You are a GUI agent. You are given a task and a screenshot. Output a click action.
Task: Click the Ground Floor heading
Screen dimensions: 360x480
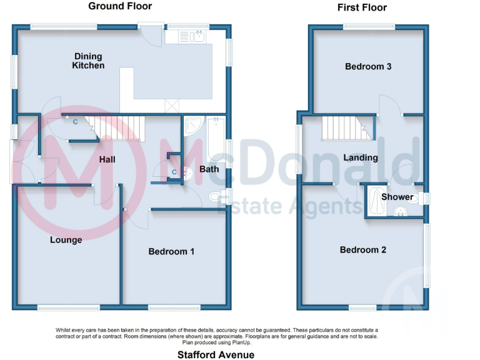[x=120, y=6]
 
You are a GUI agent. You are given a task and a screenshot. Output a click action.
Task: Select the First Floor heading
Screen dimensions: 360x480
[x=362, y=7]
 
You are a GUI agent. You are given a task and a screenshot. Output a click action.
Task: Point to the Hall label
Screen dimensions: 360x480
[x=107, y=159]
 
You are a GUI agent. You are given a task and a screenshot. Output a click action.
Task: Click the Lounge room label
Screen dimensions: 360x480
[x=66, y=239]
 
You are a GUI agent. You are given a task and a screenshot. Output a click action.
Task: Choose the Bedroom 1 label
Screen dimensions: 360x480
[x=171, y=251]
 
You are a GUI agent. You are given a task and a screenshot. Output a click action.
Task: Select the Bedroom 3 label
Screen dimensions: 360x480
[x=368, y=66]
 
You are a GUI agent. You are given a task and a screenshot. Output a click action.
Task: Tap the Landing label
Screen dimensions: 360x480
[x=361, y=157]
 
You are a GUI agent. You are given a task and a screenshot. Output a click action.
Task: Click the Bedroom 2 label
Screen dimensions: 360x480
[x=362, y=249]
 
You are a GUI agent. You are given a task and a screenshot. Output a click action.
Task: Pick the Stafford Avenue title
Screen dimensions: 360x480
[x=216, y=354]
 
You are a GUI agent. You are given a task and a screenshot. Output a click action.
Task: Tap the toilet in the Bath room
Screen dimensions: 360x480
[x=216, y=196]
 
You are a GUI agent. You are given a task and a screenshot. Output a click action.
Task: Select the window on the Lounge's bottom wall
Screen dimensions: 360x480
[x=68, y=307]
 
